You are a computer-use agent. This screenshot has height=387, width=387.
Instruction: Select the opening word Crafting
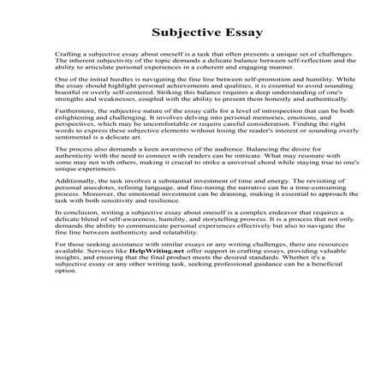click(67, 53)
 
